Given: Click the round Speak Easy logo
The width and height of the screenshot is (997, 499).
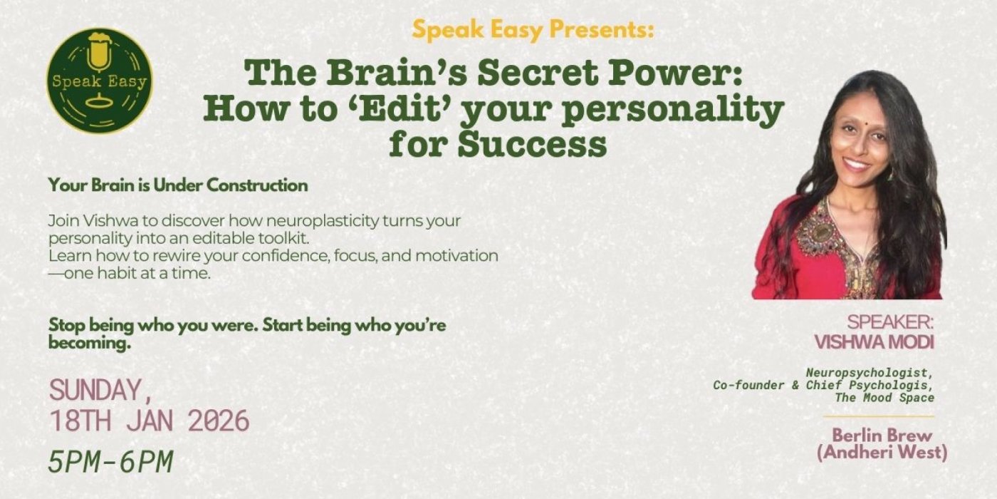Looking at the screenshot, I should point(100,81).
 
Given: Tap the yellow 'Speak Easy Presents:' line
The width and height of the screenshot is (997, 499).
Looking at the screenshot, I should point(533,30).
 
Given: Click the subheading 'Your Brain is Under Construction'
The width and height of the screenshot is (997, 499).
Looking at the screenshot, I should point(178,185).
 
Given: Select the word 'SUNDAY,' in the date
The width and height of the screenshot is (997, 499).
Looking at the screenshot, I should point(100,390).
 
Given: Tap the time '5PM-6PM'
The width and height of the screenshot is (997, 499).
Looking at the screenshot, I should point(110,462).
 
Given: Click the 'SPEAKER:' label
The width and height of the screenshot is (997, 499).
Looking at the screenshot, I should point(889,322).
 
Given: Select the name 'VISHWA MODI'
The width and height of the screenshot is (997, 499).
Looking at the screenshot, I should point(874,342).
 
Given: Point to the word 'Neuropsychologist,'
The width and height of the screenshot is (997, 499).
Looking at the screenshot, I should point(869,373).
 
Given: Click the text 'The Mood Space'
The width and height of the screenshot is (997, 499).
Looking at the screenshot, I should point(884,398).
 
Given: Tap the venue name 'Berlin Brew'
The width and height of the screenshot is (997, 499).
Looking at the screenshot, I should point(882,436).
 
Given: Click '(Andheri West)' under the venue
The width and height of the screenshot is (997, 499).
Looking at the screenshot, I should point(882,453).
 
